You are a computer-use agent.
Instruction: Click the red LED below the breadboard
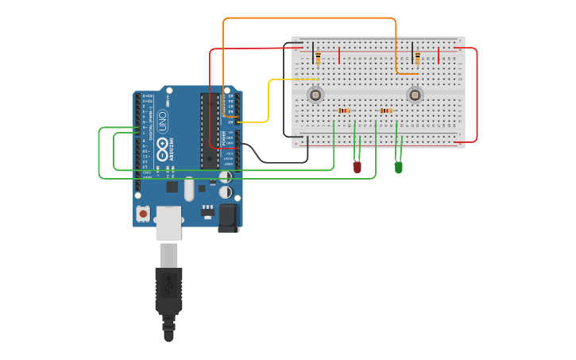pos(358,167)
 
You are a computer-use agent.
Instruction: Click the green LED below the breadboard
pos(399,167)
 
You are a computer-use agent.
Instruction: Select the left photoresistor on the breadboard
pos(315,95)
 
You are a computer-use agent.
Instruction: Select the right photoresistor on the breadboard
pos(415,95)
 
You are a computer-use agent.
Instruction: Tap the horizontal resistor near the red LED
pos(344,110)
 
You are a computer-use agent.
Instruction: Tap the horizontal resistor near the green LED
pos(386,110)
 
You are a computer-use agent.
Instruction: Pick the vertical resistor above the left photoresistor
pos(319,58)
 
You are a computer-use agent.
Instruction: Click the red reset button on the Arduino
pos(143,213)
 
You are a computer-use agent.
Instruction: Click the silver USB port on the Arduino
pos(168,223)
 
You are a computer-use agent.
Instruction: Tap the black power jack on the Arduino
pos(228,218)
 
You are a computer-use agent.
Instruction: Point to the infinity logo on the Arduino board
pos(162,145)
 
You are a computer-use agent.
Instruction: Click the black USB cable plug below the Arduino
pos(168,290)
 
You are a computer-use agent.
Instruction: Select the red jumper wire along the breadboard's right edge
pos(477,95)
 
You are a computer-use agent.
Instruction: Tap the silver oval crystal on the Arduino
pos(189,189)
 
